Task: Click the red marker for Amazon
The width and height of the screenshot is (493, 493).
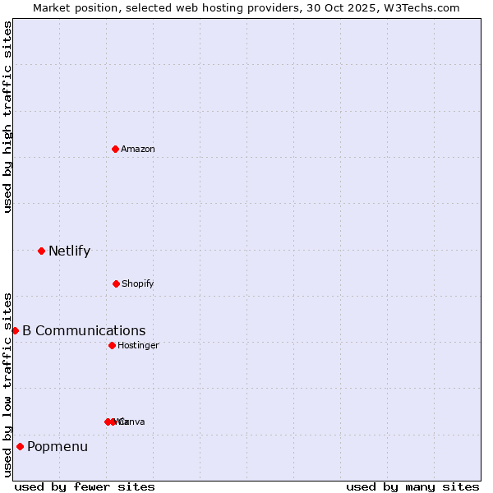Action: [115, 149]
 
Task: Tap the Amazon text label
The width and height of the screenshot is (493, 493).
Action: [138, 149]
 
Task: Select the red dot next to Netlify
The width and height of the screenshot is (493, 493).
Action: [41, 251]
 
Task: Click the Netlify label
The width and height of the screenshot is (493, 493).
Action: [69, 251]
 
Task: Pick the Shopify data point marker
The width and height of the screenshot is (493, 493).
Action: [116, 283]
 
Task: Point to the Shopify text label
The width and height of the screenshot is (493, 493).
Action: [138, 284]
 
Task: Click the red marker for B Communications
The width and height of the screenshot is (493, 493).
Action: [15, 330]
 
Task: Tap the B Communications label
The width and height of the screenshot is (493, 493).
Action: [84, 331]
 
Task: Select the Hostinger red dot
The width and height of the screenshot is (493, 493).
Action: [112, 345]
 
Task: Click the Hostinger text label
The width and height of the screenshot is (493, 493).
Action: [138, 346]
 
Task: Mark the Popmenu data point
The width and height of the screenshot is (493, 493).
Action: [20, 447]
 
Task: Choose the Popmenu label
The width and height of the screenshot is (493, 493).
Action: [58, 447]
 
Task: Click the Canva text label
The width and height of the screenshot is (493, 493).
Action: [132, 422]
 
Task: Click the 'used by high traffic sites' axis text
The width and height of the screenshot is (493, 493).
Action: [7, 117]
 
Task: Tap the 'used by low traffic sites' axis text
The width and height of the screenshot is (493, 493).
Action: [7, 384]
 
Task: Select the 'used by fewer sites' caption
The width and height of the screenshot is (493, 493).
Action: [85, 487]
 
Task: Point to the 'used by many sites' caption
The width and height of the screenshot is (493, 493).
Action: [412, 487]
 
